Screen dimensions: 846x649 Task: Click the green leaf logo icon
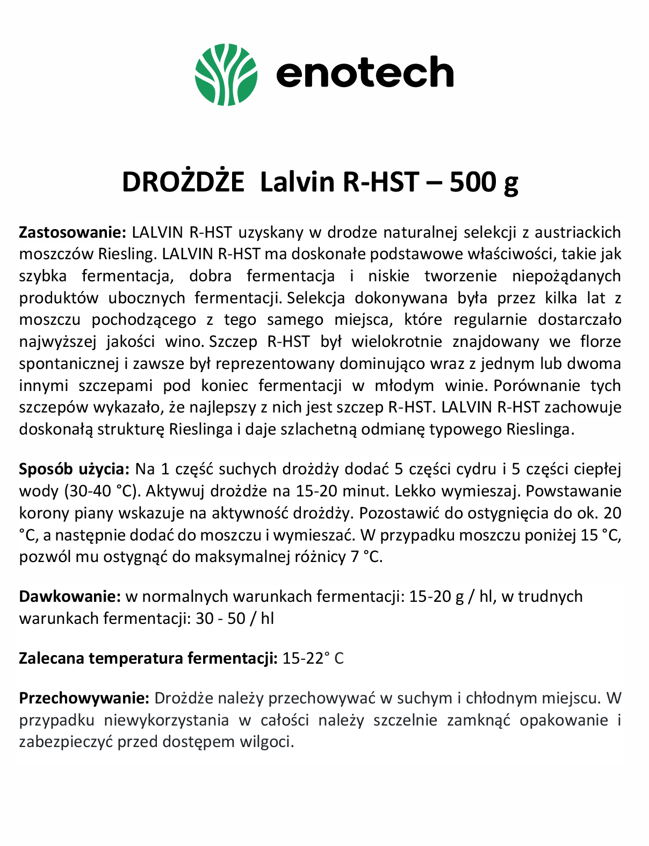pyautogui.click(x=226, y=74)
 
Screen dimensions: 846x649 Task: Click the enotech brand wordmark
pyautogui.click(x=365, y=73)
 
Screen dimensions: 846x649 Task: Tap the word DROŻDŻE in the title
pyautogui.click(x=183, y=182)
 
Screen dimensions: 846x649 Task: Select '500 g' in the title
pyautogui.click(x=484, y=182)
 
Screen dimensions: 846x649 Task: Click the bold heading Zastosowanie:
pyautogui.click(x=72, y=232)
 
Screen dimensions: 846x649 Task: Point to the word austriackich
pyautogui.click(x=577, y=232)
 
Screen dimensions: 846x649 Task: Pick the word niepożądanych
pyautogui.click(x=566, y=276)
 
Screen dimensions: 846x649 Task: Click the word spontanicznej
pyautogui.click(x=69, y=364)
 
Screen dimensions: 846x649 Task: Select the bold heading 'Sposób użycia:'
pyautogui.click(x=74, y=469)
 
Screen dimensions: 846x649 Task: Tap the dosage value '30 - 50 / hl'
pyautogui.click(x=235, y=618)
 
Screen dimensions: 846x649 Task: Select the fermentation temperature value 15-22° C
pyautogui.click(x=313, y=658)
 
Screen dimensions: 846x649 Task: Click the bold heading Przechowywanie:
pyautogui.click(x=84, y=698)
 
